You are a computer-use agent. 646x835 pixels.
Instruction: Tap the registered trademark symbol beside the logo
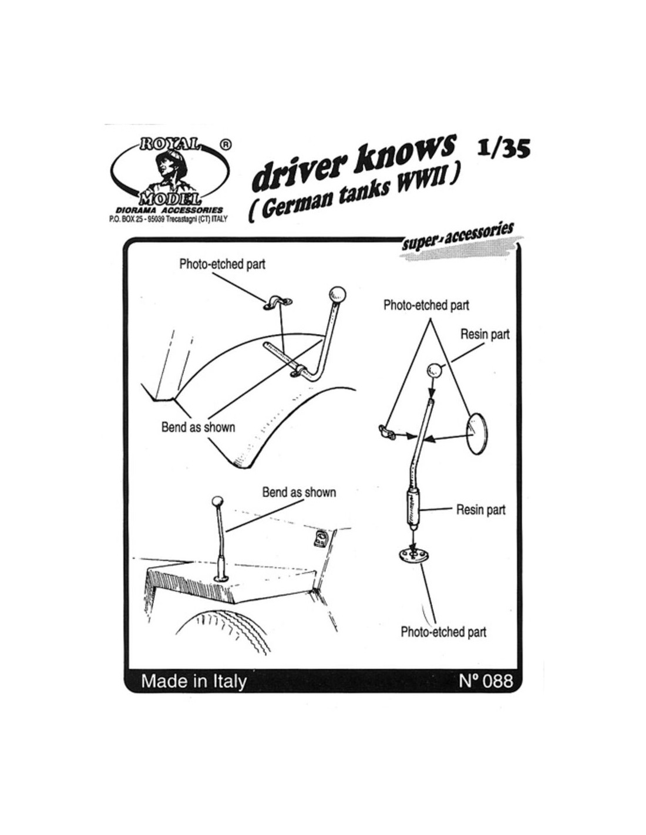224,143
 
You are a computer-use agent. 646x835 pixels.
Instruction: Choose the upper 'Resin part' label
485,334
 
